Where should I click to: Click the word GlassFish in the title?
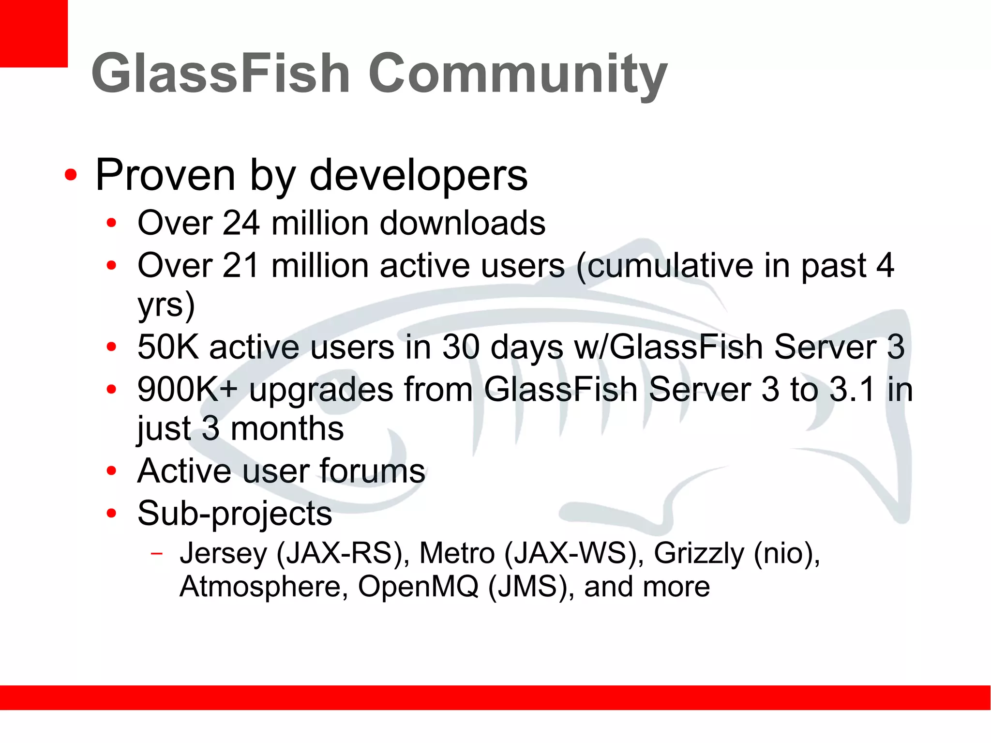tap(220, 74)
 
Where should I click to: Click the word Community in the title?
tap(518, 75)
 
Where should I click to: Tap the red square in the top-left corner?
tap(33, 33)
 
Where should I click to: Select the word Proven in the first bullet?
tap(165, 175)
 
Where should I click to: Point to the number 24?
tap(241, 223)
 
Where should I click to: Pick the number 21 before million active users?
tap(240, 266)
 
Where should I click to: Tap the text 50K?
tap(168, 347)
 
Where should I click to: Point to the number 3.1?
tap(852, 389)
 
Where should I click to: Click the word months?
tap(287, 429)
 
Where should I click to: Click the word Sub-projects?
tap(235, 514)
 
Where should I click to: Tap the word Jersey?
tap(223, 553)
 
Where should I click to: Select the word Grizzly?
tap(699, 553)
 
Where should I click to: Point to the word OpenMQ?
tap(418, 587)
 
